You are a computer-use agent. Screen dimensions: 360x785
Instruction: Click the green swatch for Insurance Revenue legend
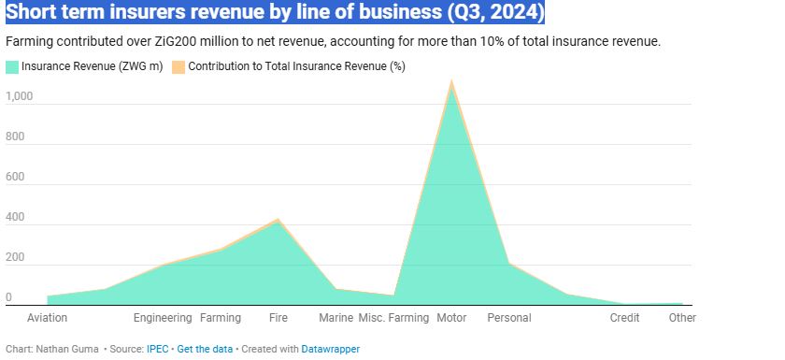[x=12, y=66]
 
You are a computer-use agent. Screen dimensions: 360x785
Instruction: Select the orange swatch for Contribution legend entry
[x=178, y=66]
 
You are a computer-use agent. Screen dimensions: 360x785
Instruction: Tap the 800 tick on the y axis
[x=15, y=137]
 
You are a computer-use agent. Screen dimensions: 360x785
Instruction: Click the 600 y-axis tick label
[x=15, y=177]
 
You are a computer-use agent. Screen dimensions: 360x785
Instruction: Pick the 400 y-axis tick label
[x=15, y=217]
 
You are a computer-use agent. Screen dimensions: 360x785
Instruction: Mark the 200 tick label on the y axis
[x=15, y=257]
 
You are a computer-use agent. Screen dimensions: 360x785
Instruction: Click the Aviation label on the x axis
[x=47, y=318]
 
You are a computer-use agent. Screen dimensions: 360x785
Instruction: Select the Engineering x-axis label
[x=163, y=318]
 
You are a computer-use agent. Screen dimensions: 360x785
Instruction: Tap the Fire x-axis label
[x=278, y=318]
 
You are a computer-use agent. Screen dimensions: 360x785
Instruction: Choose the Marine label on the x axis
[x=336, y=318]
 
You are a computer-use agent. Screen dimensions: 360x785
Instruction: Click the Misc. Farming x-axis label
[x=393, y=318]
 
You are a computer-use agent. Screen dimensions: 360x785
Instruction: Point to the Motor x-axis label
[x=451, y=318]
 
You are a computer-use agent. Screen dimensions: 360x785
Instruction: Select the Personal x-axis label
[x=509, y=318]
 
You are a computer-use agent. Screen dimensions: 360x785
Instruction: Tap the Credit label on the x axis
[x=624, y=318]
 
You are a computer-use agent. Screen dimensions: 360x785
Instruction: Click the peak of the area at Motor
[x=451, y=82]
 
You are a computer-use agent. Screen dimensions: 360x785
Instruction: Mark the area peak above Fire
[x=278, y=221]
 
